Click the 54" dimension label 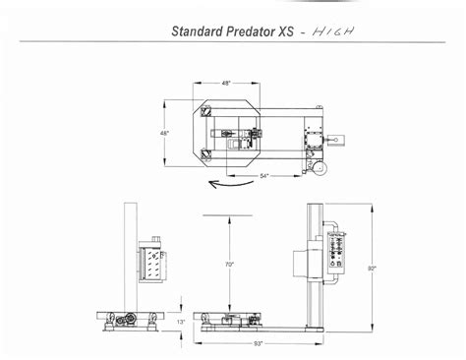pos(265,175)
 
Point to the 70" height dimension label pos(228,264)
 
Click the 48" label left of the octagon pos(164,132)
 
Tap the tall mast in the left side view pos(128,256)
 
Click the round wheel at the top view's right pos(319,172)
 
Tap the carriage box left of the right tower pos(300,265)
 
